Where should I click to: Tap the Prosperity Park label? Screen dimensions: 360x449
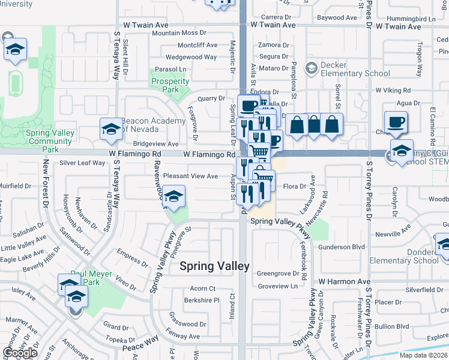coord(166,85)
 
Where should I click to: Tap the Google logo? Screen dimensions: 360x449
coord(20,353)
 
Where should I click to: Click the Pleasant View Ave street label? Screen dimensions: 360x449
coord(191,176)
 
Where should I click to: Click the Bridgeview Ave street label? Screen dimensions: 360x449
coord(155,144)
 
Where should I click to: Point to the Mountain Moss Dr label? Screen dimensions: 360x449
coord(179,33)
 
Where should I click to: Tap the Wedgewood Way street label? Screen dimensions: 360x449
coord(191,57)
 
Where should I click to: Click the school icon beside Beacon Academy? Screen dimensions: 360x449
coord(111,130)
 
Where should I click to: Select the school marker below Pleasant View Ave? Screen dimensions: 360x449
coord(173,198)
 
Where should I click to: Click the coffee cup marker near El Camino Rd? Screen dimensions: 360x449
coord(396,122)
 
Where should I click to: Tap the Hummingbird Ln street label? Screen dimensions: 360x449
coord(414,19)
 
